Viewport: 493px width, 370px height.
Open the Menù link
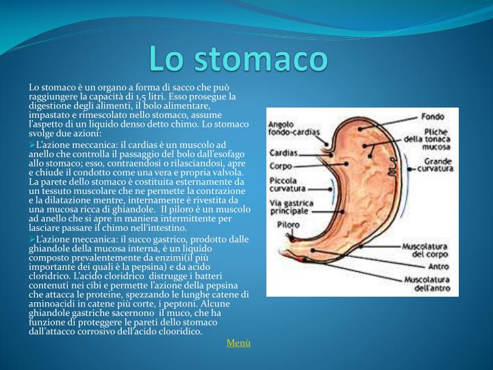coord(238,343)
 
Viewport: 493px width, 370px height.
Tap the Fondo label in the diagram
coord(431,116)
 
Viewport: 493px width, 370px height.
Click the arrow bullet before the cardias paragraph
coord(32,145)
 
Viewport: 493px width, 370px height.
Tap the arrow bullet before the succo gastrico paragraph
coord(32,238)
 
